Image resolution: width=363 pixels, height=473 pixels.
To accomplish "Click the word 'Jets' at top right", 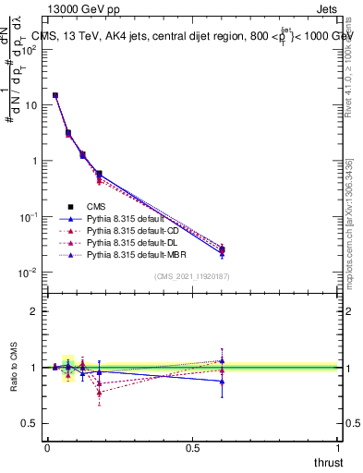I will point(328,9).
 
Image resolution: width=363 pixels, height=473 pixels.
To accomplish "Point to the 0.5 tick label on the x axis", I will point(193,448).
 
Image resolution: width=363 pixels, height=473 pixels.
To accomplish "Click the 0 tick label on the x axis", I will point(47,448).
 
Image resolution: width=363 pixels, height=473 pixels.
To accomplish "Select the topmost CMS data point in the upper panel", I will point(55,95).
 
